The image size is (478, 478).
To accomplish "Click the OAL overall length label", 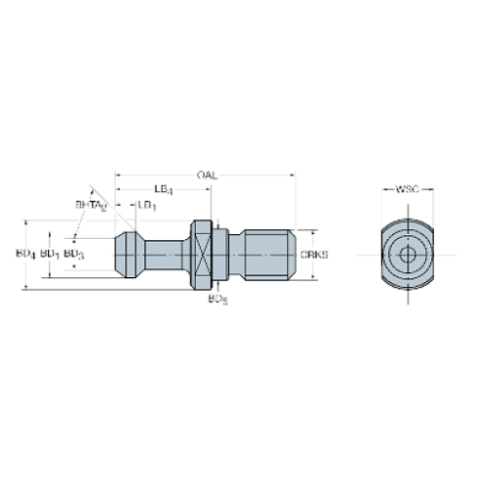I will coord(205,175).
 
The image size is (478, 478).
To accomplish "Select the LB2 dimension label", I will coord(165,187).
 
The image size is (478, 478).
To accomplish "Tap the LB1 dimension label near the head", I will coord(145,205).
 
